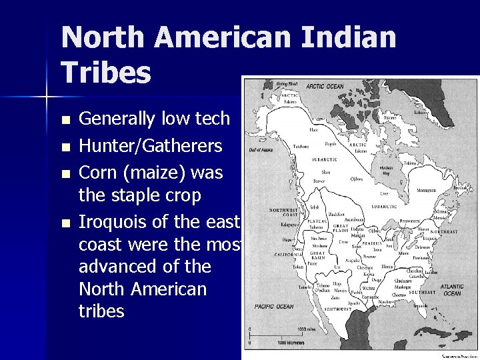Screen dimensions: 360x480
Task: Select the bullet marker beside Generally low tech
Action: tap(64, 121)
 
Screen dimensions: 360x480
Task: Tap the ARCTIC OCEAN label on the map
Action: tap(325, 87)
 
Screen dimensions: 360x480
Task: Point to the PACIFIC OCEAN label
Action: tap(274, 307)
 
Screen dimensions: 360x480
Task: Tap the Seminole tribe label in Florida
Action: tap(420, 305)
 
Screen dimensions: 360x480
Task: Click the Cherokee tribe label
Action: tap(415, 271)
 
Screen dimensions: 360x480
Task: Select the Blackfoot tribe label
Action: tap(337, 214)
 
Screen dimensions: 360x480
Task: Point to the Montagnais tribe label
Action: tap(427, 191)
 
